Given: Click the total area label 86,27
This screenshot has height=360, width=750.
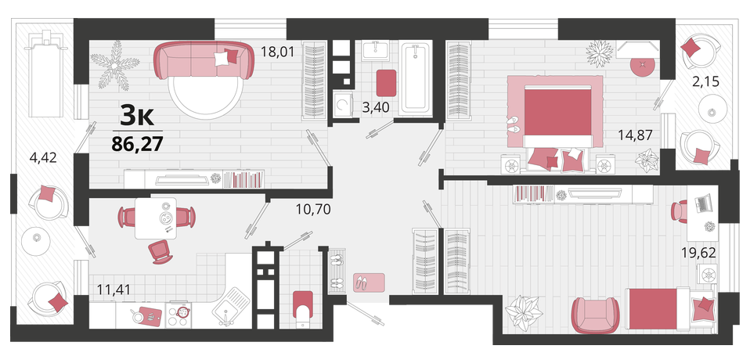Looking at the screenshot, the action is coord(137,142).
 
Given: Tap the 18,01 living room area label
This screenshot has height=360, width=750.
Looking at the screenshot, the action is coord(277,51).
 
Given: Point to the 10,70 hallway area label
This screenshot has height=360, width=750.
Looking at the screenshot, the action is coord(312,209).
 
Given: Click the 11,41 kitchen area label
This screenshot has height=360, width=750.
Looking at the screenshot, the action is coord(114,289).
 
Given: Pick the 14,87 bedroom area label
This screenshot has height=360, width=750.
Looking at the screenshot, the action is coord(636,135).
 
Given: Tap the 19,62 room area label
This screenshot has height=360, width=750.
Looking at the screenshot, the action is coord(699,253).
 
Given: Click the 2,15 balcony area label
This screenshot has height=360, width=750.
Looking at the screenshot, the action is coord(706,82).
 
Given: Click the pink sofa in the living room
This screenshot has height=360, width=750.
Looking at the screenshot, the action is coord(204,59).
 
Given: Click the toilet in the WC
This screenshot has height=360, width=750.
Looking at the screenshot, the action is coord(302,309).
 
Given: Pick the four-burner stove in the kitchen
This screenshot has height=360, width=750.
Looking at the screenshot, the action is coord(178,314).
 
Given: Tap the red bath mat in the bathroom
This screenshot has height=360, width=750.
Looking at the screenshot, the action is coord(386,83).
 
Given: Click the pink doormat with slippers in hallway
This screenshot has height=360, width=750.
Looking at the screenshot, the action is coord(370,282).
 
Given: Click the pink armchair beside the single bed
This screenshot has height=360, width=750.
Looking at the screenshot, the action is coord(595,315).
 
